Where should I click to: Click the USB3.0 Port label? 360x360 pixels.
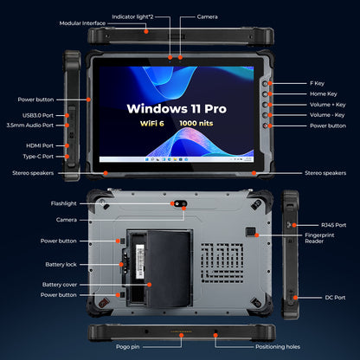[37, 114]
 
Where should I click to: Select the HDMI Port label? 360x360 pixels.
[38, 146]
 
